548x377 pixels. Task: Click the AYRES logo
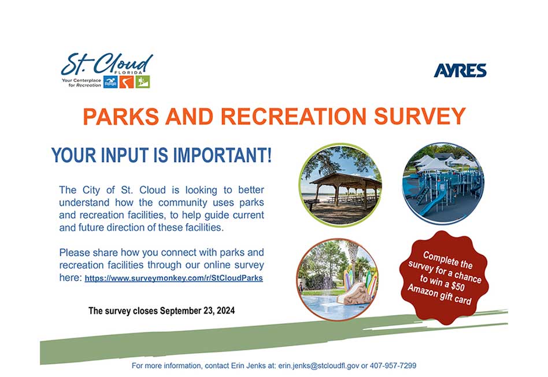[x=460, y=71]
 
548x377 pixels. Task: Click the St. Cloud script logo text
[x=107, y=64]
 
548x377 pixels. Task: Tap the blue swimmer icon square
[x=110, y=82]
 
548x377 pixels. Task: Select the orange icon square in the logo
[x=127, y=82]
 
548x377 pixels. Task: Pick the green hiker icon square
[x=143, y=82]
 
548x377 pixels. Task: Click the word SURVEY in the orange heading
[x=420, y=116]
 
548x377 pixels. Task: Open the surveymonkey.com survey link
[x=173, y=278]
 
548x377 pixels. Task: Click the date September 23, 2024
[x=198, y=311]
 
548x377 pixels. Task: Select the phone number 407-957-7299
[x=393, y=366]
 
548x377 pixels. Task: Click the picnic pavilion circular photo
[x=340, y=184]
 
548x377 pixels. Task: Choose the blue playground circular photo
[x=443, y=184]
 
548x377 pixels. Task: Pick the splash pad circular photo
[x=338, y=279]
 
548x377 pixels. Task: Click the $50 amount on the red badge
[x=457, y=286]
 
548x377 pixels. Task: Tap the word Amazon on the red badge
[x=422, y=290]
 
